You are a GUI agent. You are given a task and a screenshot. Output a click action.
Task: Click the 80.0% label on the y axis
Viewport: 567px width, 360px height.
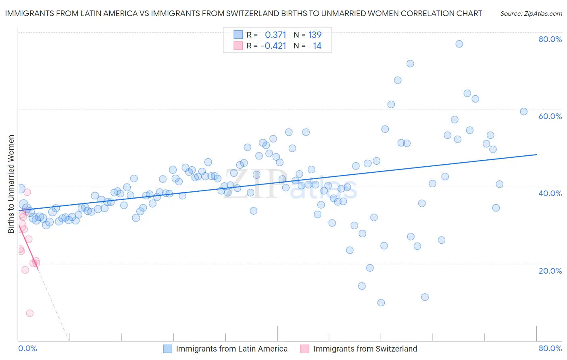coord(550,39)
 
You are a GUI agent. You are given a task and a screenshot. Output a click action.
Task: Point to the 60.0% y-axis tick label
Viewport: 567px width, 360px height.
coord(550,116)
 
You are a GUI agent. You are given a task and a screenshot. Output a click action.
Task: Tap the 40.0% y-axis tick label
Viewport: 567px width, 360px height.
coord(550,193)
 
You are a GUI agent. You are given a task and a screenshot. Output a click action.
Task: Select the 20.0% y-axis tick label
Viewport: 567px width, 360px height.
coord(550,271)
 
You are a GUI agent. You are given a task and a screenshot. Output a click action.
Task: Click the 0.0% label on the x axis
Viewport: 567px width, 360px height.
coord(27,348)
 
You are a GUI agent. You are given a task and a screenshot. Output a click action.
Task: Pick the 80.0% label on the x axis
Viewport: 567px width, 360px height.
coord(550,348)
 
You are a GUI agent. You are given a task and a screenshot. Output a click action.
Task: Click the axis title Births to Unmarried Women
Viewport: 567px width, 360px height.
coord(11,184)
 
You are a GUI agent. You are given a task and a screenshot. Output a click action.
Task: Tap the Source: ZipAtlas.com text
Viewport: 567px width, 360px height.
coord(531,13)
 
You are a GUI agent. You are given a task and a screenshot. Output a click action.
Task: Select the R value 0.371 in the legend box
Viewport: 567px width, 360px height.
coord(275,35)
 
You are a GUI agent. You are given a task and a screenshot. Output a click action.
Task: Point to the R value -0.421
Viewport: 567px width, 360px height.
coord(273,46)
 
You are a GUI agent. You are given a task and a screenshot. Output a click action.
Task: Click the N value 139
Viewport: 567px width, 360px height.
coord(315,35)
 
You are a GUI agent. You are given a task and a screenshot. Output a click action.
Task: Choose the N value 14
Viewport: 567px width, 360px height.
coord(317,46)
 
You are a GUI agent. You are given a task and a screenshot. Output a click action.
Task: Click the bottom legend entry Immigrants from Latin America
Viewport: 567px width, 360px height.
coord(231,349)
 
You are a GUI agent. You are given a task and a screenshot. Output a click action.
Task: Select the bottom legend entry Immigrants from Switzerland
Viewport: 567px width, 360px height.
coord(365,349)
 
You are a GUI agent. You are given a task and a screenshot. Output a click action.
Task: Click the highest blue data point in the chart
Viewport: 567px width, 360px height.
coord(459,44)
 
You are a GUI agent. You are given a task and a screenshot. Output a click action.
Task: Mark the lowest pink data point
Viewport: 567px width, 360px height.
coord(29,313)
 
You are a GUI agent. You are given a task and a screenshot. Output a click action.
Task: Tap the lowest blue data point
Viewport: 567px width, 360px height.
coord(381,303)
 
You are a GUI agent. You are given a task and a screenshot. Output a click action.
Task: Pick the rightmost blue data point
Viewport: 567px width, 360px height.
coord(524,111)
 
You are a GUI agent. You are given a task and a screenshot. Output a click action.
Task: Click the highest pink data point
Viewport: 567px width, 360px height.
coord(27,192)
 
